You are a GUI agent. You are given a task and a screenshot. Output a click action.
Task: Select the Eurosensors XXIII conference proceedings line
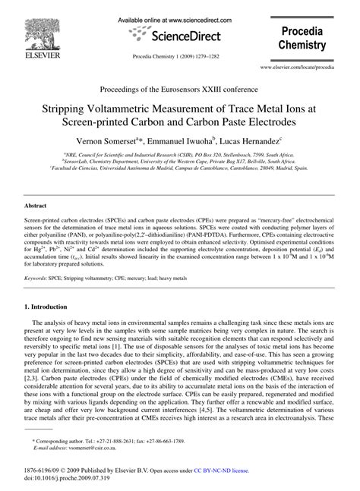pos(180,90)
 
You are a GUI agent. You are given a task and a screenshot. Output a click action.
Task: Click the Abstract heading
pos(36,206)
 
